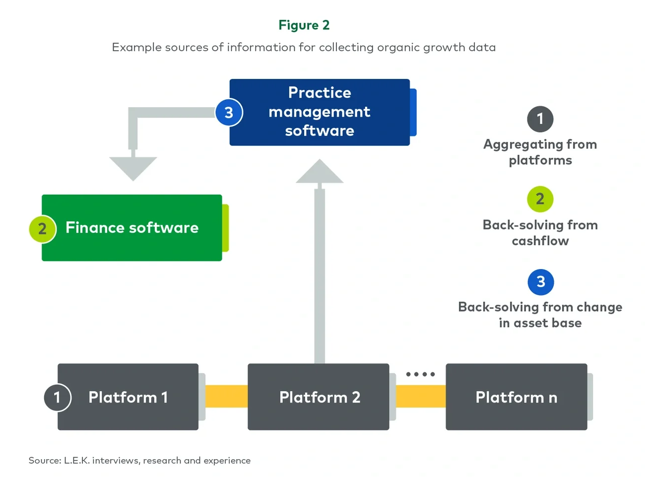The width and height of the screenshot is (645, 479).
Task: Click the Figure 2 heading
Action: tap(304, 25)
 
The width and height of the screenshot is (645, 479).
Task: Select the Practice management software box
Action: tap(320, 112)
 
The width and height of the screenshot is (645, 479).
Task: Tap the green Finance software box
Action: tap(132, 228)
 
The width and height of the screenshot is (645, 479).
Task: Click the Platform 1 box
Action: tap(128, 397)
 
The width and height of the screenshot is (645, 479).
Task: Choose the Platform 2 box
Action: tap(319, 397)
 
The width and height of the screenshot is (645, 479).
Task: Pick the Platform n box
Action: tap(516, 397)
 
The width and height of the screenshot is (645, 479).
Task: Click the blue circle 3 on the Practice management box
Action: tap(229, 113)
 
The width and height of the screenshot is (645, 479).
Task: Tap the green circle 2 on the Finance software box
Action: tap(43, 229)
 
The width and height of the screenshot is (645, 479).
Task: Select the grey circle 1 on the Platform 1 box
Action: tap(57, 398)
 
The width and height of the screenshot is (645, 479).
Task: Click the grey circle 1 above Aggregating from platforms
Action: tap(540, 119)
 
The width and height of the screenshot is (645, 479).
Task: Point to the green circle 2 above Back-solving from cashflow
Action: tap(540, 199)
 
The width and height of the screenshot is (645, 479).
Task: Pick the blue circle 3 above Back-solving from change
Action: tap(540, 282)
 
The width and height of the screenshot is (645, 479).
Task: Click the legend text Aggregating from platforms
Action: tap(540, 152)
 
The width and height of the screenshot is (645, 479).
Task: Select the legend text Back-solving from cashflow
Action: tap(540, 233)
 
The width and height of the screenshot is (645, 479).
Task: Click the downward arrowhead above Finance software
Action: tap(133, 168)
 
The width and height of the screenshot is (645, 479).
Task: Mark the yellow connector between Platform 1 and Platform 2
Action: tap(226, 396)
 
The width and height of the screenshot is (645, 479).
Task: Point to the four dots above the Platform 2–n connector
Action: tap(420, 374)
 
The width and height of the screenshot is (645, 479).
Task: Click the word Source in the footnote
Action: tap(44, 461)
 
